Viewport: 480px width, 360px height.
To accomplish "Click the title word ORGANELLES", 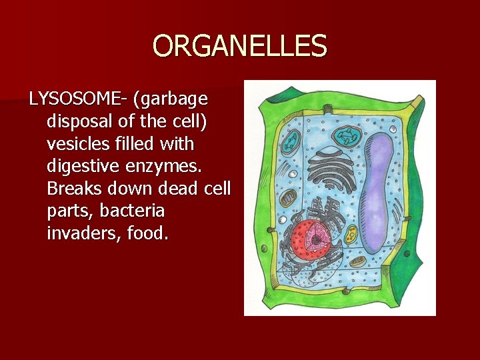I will click(240, 47).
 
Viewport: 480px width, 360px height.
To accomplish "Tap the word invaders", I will click(79, 234).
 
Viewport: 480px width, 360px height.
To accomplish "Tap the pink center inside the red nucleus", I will click(319, 235).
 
